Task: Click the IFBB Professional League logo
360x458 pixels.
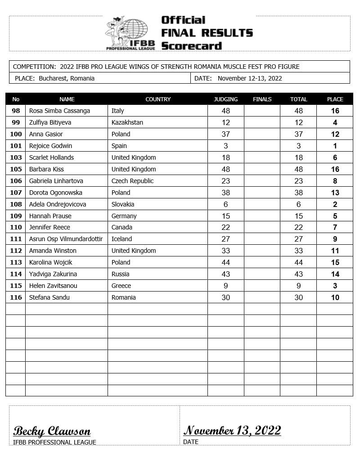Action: tap(130, 33)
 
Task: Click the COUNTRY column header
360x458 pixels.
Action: tap(158, 99)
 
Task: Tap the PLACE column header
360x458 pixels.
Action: tap(335, 99)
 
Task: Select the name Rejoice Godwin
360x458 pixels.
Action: tap(50, 146)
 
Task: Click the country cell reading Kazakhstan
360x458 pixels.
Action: tap(127, 122)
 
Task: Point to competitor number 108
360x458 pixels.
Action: tap(16, 204)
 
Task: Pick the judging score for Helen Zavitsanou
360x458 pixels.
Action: tap(226, 286)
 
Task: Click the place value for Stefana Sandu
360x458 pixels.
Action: tap(335, 297)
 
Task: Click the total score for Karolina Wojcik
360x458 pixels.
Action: tap(298, 262)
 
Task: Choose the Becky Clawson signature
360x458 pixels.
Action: tap(52, 431)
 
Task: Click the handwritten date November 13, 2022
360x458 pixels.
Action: tap(232, 431)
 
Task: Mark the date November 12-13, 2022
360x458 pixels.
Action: tap(250, 78)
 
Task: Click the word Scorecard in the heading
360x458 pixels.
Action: tap(191, 45)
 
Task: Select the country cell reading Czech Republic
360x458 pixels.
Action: tap(133, 181)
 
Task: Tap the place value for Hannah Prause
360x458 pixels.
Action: tap(335, 216)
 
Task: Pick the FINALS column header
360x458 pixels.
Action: tap(262, 99)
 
